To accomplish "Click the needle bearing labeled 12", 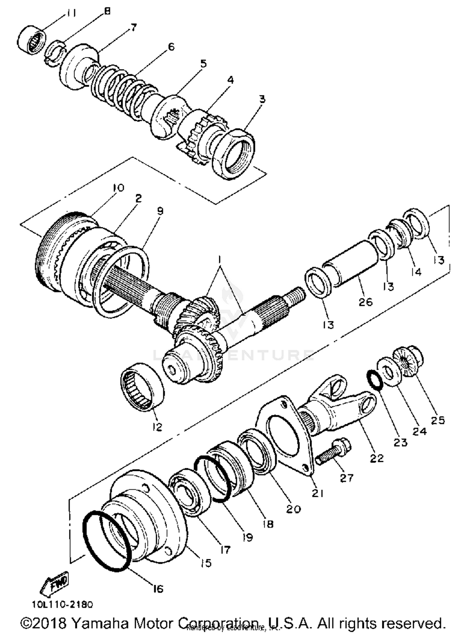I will pos(142,385).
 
